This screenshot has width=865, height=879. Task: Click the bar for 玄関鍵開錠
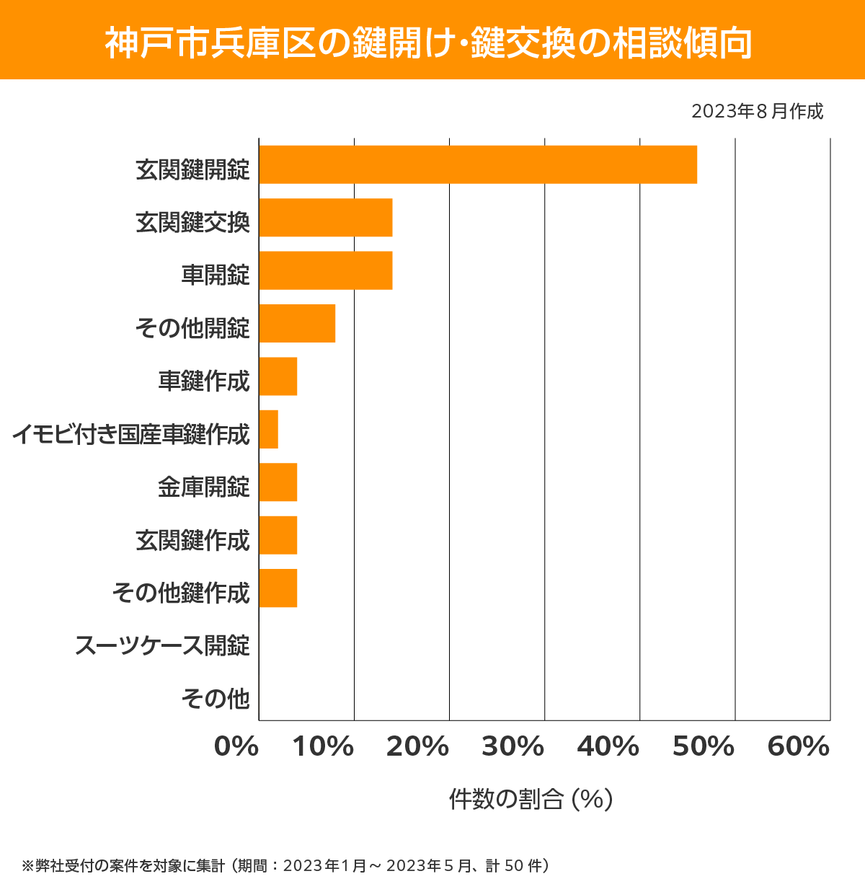[478, 164]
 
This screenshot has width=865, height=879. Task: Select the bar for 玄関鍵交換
[326, 217]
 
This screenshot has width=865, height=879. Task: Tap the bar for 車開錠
[326, 270]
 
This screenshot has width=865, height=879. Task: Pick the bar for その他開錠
[297, 323]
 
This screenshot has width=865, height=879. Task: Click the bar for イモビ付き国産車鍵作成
[268, 429]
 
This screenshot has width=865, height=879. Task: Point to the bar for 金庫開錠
[278, 482]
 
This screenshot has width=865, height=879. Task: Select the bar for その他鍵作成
[278, 588]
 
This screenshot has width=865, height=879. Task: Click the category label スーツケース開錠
[162, 645]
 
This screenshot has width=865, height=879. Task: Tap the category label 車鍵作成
[204, 381]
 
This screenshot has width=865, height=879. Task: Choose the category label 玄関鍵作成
[192, 539]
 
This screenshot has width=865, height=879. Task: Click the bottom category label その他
[216, 698]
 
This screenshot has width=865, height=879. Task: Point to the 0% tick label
[236, 747]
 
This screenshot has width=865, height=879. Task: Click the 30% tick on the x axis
[513, 747]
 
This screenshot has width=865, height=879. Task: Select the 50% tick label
[704, 747]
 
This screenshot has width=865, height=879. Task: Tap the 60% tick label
[799, 747]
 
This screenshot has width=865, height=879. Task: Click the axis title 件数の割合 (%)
[531, 799]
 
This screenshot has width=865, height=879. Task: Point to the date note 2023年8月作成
[757, 112]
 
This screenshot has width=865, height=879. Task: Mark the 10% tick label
[323, 747]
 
